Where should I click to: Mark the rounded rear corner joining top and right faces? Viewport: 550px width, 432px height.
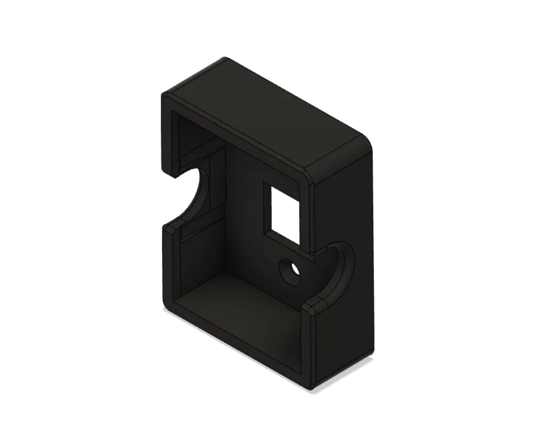pyautogui.click(x=367, y=144)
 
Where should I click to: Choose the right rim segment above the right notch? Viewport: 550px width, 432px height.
pyautogui.click(x=309, y=215)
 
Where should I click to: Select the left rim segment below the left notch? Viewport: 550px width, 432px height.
pyautogui.click(x=168, y=266)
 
